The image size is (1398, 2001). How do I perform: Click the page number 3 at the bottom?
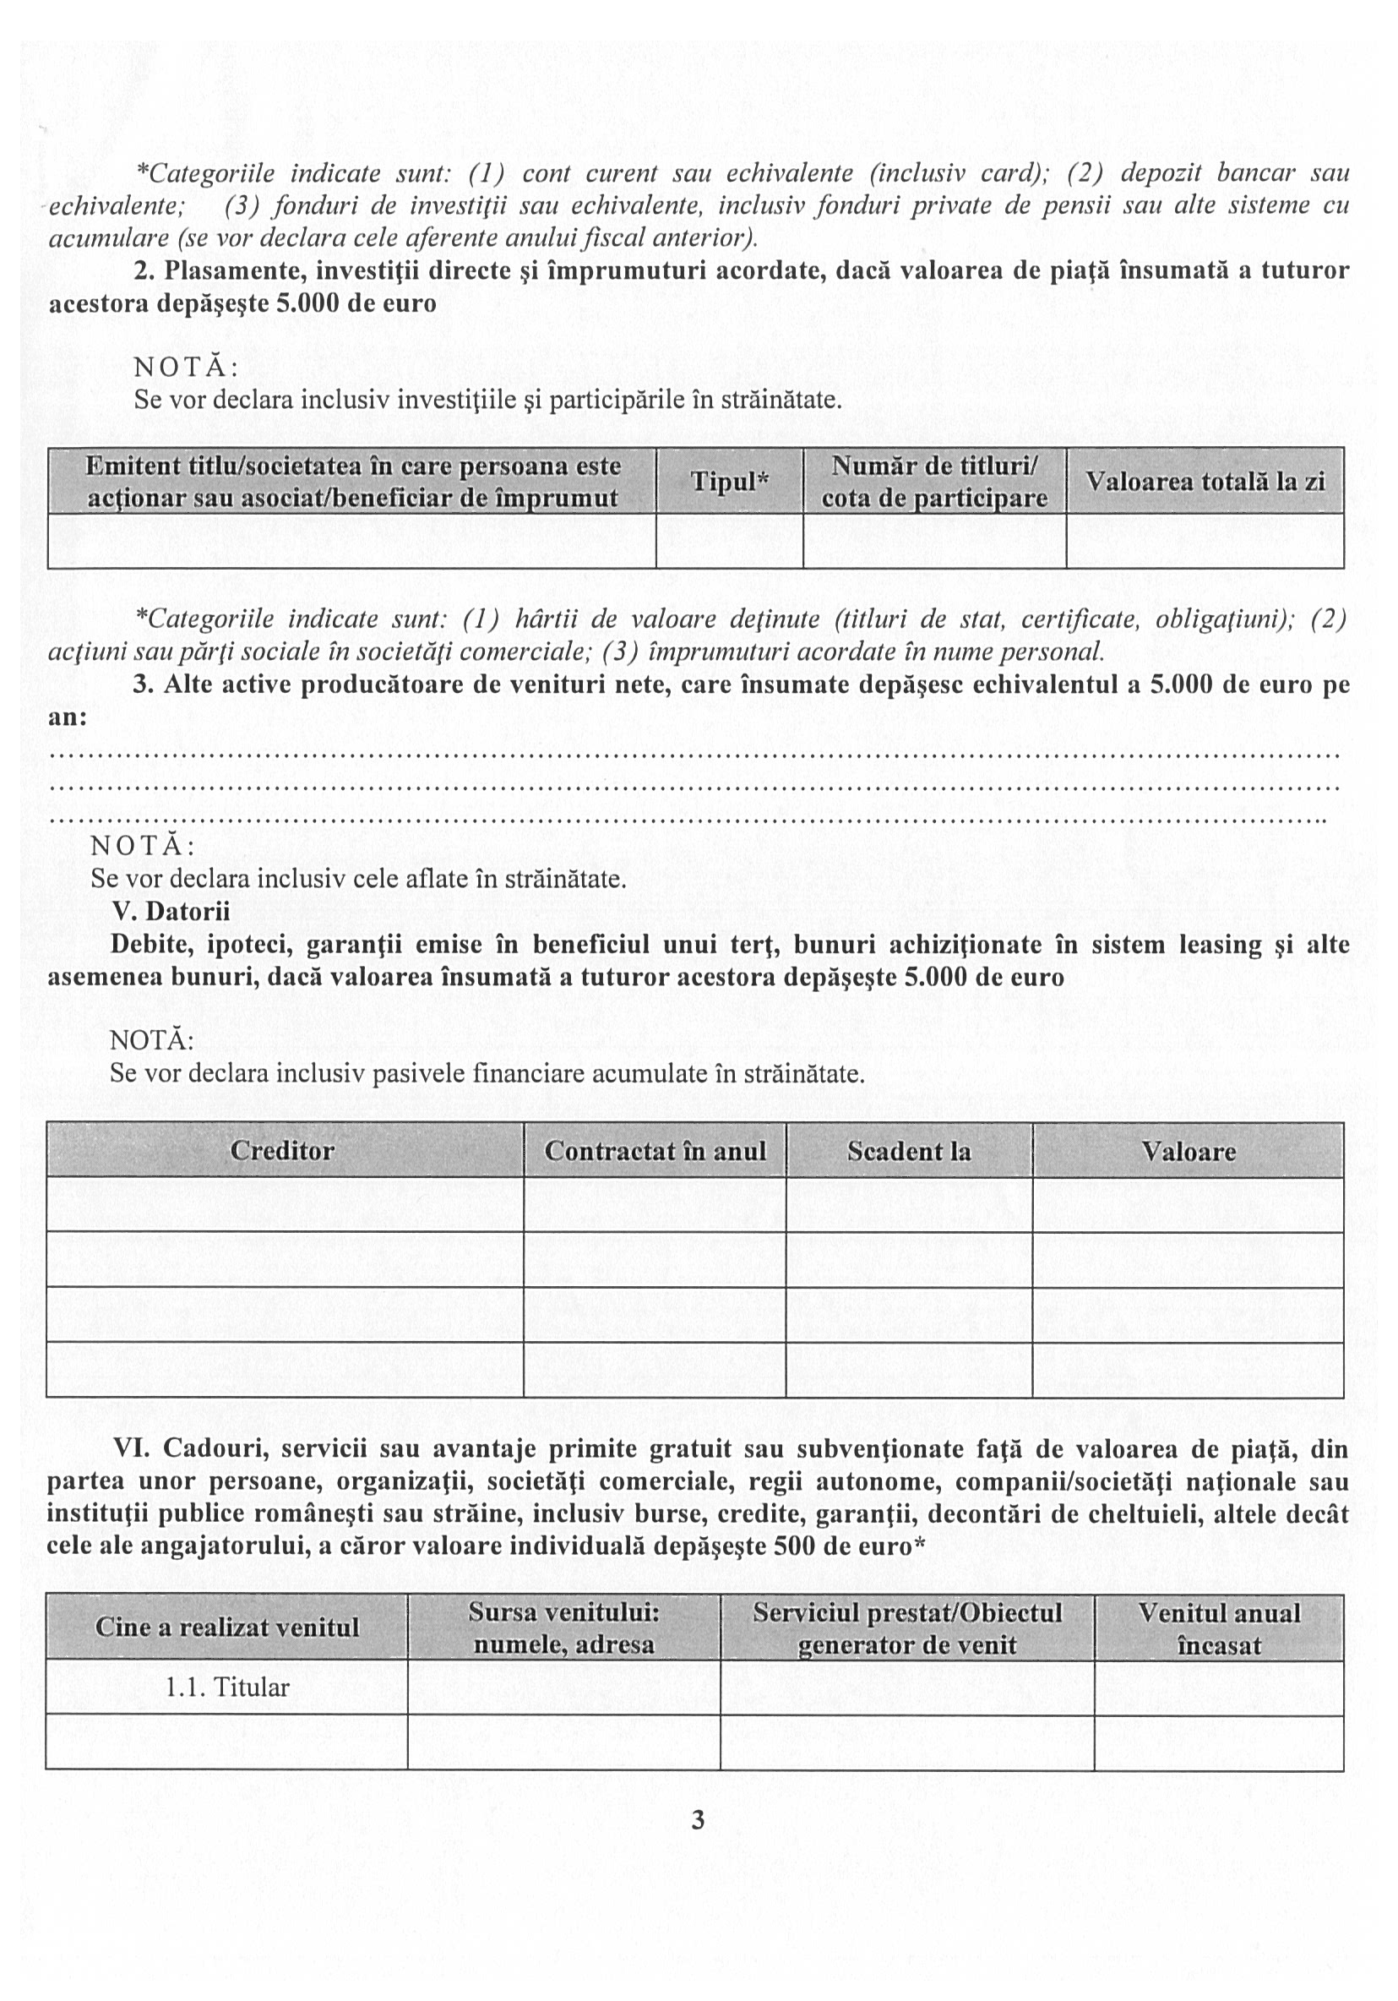click(x=697, y=1818)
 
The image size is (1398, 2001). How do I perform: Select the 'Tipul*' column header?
click(x=729, y=481)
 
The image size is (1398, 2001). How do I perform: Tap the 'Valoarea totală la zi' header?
click(x=1205, y=481)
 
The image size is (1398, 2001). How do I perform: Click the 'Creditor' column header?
click(x=282, y=1150)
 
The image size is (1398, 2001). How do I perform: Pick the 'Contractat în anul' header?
click(x=655, y=1150)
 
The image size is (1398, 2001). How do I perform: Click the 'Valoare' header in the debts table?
click(x=1188, y=1150)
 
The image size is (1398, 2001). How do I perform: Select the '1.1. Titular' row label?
click(x=227, y=1687)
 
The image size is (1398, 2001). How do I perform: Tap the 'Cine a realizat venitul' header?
click(x=226, y=1628)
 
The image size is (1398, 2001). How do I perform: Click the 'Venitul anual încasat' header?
click(x=1219, y=1628)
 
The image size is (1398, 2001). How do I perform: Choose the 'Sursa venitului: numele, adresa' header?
click(x=563, y=1628)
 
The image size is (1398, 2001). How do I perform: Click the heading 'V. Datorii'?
click(x=171, y=912)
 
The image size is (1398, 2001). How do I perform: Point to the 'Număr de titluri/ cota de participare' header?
click(x=934, y=481)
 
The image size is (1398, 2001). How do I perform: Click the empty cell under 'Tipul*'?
click(x=729, y=541)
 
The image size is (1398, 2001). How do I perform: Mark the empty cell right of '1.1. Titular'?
click(x=563, y=1687)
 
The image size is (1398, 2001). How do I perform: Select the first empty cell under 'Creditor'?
click(x=285, y=1204)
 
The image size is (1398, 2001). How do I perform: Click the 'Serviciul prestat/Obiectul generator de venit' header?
click(x=907, y=1628)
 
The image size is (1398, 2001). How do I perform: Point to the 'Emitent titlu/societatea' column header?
click(x=352, y=481)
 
